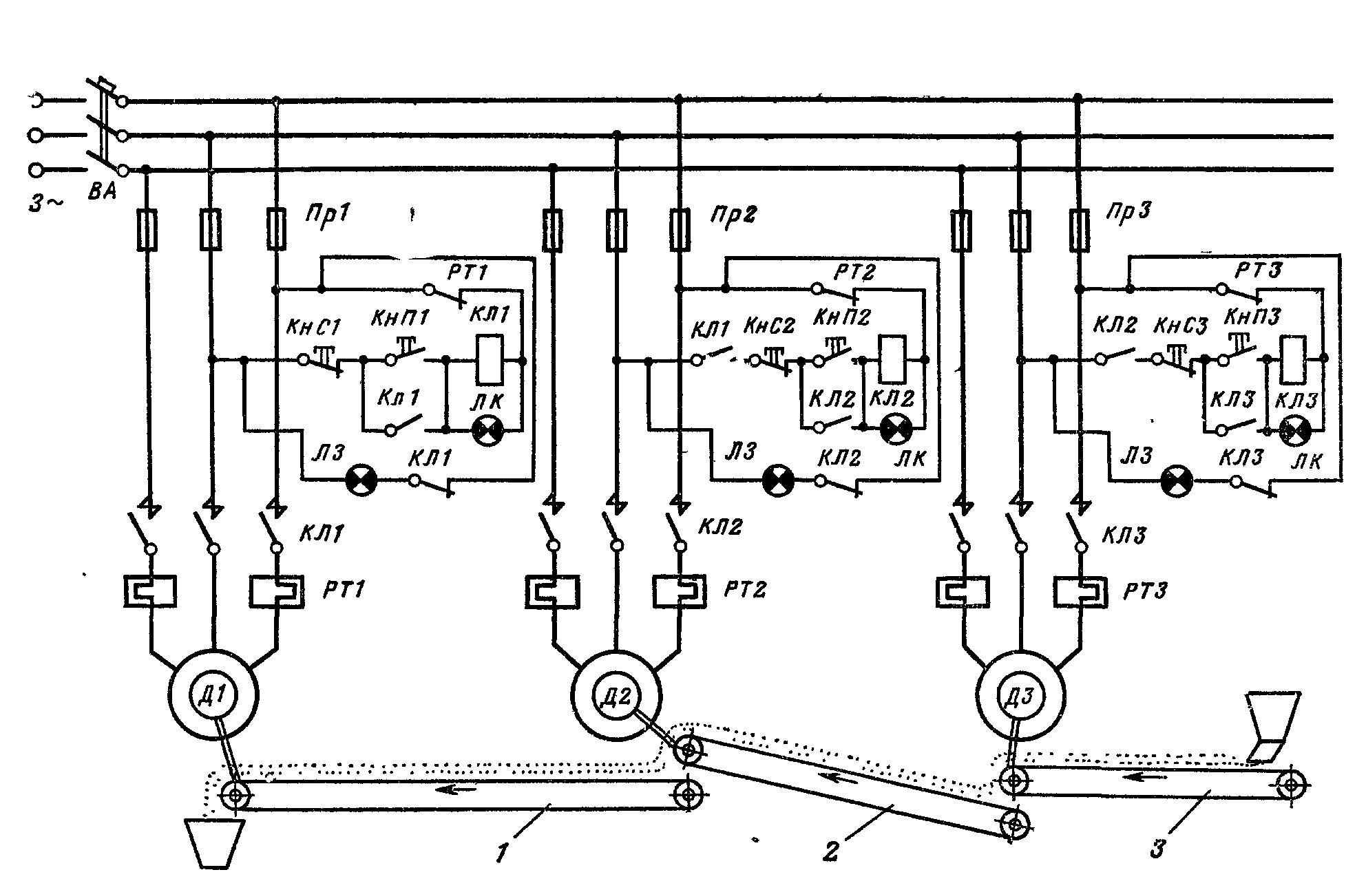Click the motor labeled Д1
tap(213, 694)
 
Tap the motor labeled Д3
tap(1021, 697)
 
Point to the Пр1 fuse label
tap(328, 214)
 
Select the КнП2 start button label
tap(841, 317)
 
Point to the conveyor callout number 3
tap(1158, 849)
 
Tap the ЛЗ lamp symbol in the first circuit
tap(361, 480)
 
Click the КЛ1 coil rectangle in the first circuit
tap(490, 359)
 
